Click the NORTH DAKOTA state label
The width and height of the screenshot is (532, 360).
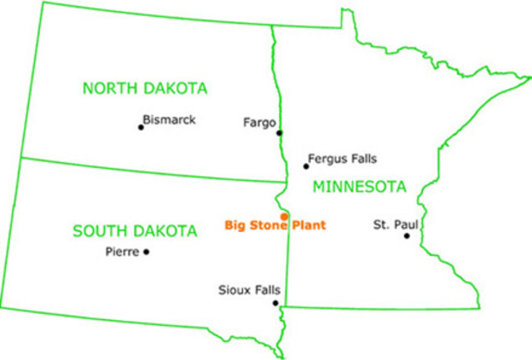pos(145,88)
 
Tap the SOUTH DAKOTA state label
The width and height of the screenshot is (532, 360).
pos(135,230)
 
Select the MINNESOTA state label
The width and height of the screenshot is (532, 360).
pos(359,186)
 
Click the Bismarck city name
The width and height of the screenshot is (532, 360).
pos(169,120)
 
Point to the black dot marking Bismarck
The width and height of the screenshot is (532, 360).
pos(140,127)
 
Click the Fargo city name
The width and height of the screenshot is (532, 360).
pos(259,122)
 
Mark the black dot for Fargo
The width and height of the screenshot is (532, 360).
pos(279,132)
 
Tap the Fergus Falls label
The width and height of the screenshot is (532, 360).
pos(342,158)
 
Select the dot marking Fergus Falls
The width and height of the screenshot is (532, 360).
pos(306,166)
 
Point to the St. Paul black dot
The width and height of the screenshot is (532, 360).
pos(406,235)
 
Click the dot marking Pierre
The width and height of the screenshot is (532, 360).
pos(147,252)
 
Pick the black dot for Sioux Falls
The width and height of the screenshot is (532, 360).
pos(275,303)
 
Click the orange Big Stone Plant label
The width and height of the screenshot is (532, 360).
pos(275,225)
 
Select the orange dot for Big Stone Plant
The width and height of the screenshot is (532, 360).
pos(284,216)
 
